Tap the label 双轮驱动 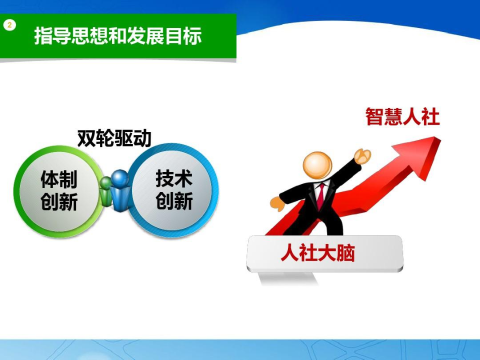point(114,138)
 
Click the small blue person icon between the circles point(120,190)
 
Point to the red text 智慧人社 point(402,116)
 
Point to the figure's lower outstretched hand point(277,203)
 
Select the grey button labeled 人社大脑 point(324,253)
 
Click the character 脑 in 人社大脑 point(346,253)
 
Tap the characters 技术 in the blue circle point(174,178)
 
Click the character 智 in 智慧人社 point(375,116)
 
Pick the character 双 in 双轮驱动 point(86,138)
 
